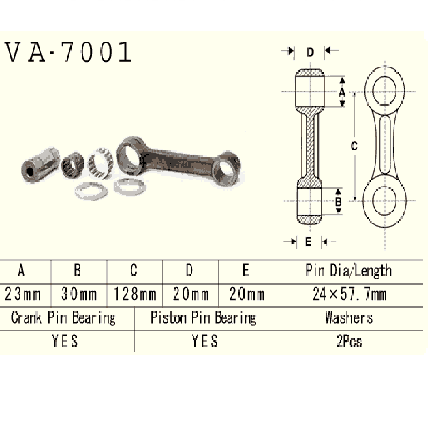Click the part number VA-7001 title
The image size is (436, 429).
68,52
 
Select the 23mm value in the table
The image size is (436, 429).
22,294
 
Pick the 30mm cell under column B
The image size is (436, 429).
78,294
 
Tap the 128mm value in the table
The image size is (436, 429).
134,294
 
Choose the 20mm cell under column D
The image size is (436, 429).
190,294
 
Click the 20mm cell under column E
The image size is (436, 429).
246,294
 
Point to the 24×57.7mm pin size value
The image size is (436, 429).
348,294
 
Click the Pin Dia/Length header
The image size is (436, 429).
348,270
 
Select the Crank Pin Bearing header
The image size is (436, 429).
63,317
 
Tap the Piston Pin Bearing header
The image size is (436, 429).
203,317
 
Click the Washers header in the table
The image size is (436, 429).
348,317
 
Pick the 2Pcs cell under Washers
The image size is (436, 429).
348,340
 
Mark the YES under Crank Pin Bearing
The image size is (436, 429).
65,340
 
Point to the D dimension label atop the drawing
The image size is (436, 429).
309,52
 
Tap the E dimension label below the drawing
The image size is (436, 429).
309,241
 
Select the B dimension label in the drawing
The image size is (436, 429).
339,202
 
